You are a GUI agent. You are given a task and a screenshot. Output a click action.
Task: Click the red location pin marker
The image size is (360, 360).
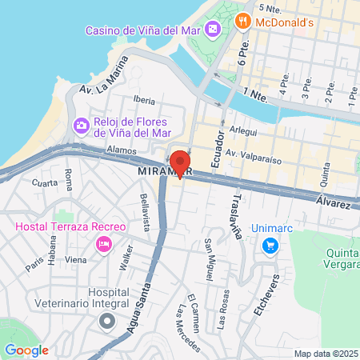(179, 162)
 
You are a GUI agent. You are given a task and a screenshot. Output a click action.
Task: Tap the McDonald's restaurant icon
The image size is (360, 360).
(238, 22)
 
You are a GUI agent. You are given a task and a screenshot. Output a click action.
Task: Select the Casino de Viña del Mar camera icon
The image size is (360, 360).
(214, 30)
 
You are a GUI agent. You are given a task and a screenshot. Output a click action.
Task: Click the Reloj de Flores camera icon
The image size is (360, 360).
(81, 126)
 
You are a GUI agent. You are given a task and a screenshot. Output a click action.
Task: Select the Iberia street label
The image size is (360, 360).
(144, 100)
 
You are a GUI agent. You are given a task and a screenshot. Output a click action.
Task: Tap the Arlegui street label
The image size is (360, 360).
(243, 130)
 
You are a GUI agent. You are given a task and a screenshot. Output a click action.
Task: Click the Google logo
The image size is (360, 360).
(26, 350)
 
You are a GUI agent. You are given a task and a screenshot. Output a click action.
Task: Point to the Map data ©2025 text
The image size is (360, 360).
(325, 354)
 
